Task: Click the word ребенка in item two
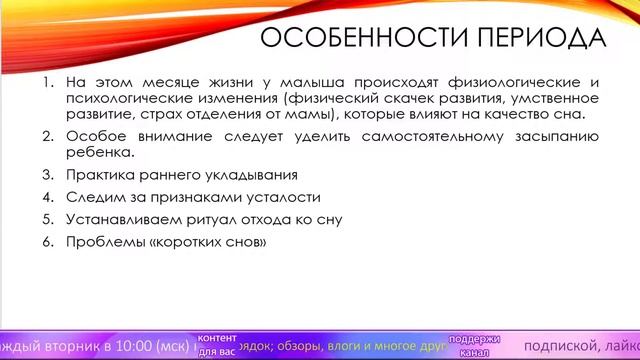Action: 99,153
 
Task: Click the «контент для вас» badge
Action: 218,345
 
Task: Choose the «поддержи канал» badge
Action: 474,345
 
